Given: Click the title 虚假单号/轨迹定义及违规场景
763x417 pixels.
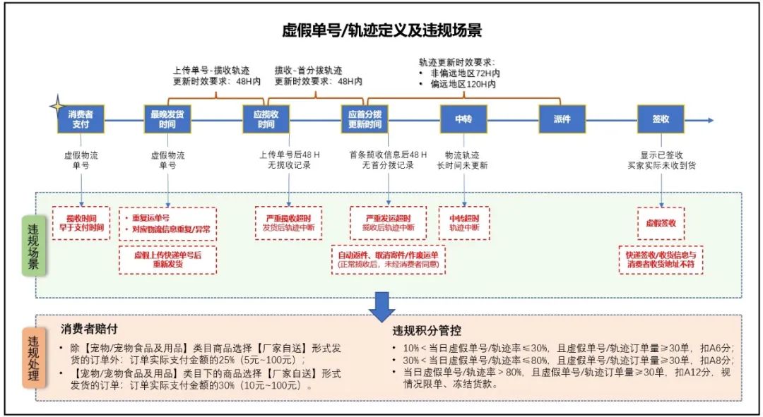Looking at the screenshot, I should pos(381,31).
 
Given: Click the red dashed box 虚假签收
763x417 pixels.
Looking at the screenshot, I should pos(661,223).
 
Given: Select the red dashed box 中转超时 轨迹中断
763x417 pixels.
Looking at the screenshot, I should pos(464,223).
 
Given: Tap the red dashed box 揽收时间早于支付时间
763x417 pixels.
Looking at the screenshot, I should pos(81,223).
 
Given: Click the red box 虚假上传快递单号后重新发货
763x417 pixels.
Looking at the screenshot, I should pos(167,259).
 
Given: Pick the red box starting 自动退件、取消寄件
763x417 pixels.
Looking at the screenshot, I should pos(389,260).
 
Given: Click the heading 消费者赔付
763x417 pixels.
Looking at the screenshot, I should pos(88,330).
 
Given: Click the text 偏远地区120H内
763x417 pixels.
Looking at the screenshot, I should pos(462,84).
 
